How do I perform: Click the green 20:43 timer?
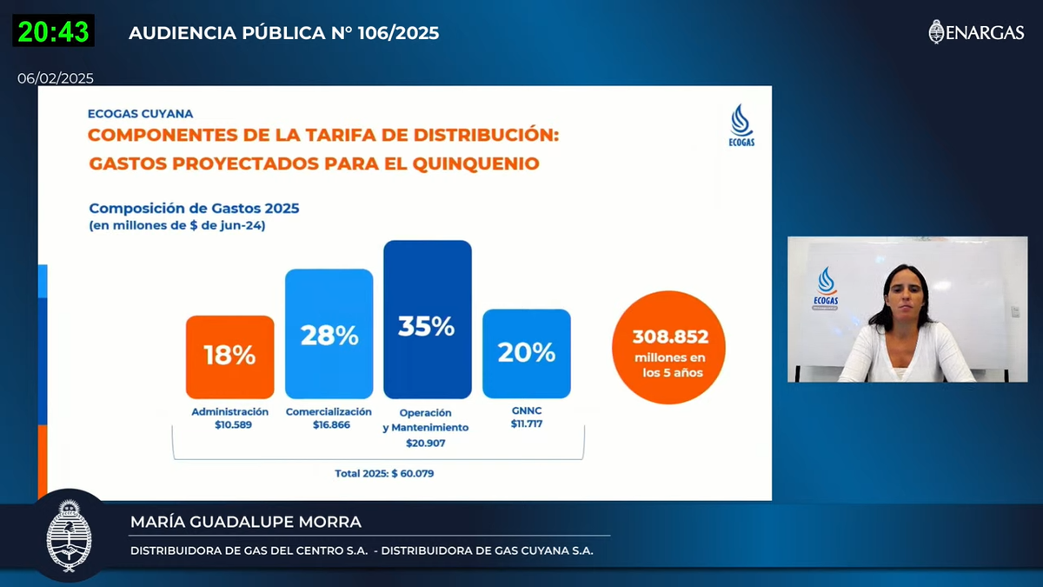click(x=53, y=31)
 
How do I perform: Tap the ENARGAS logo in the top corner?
click(x=976, y=32)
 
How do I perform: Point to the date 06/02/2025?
click(x=56, y=78)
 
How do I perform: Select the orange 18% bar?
click(x=229, y=356)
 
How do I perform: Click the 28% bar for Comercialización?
click(x=329, y=333)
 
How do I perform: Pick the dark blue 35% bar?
click(x=427, y=319)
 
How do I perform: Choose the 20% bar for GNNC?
click(x=526, y=353)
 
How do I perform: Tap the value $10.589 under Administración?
click(x=229, y=426)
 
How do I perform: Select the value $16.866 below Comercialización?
click(x=329, y=426)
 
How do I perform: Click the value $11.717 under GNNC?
click(x=526, y=425)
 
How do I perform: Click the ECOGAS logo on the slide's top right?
click(x=741, y=126)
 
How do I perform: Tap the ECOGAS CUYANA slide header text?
click(x=141, y=113)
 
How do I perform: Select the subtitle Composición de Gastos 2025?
click(x=194, y=208)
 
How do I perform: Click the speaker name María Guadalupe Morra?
click(x=245, y=522)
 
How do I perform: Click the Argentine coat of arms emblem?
click(x=69, y=534)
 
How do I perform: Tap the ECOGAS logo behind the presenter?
click(x=827, y=288)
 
